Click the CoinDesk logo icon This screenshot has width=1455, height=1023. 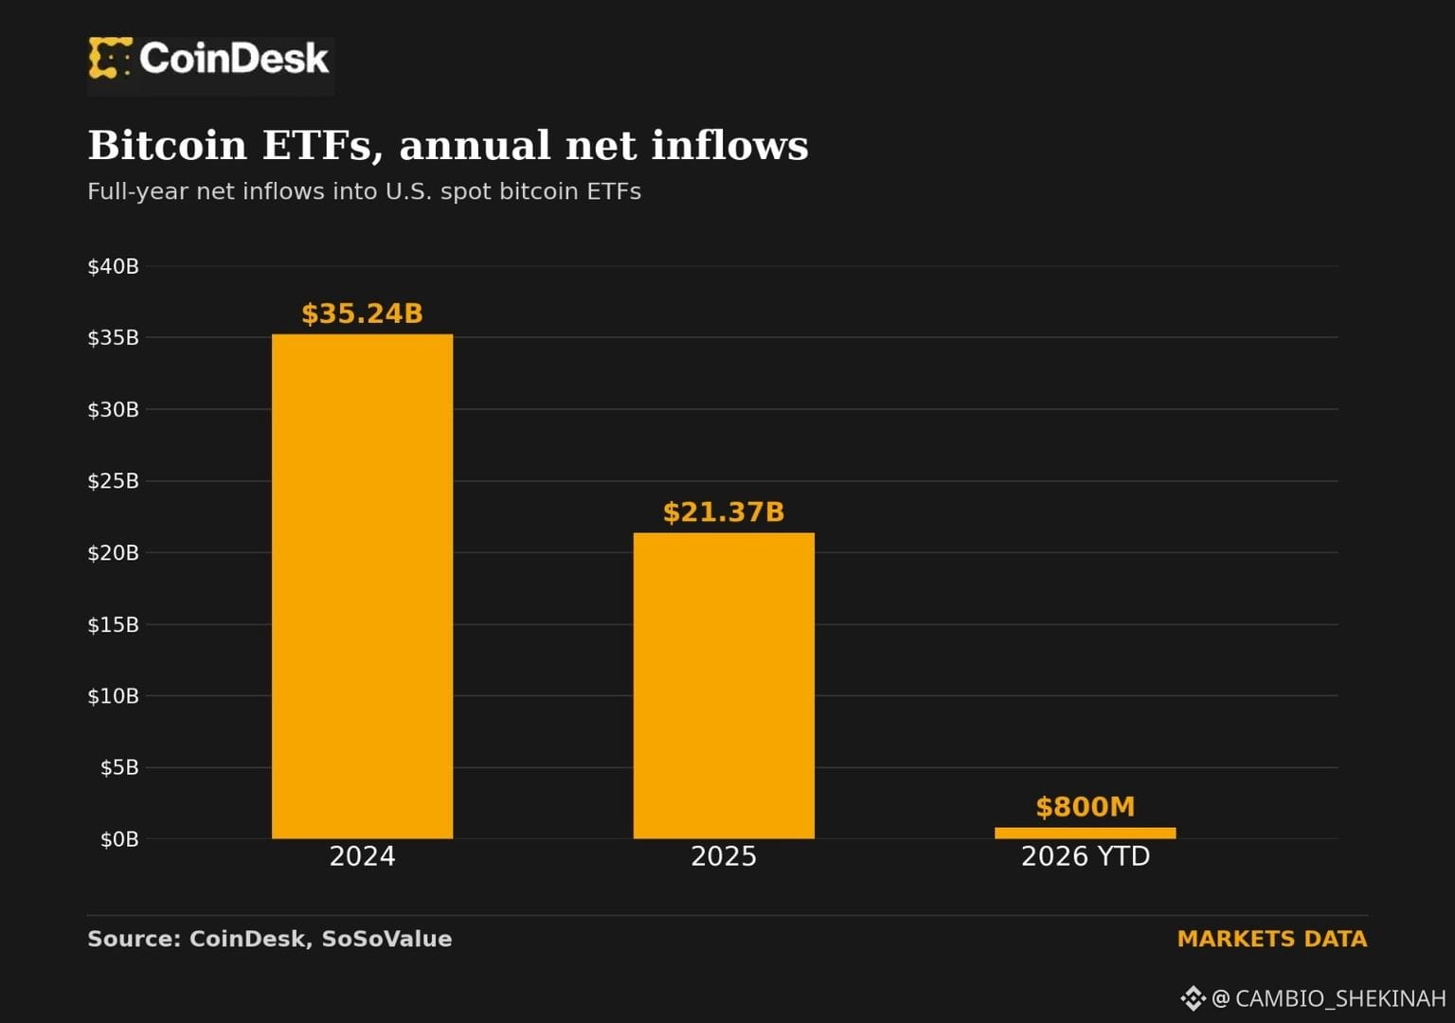pyautogui.click(x=111, y=58)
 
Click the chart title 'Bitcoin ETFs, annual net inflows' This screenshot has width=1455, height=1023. pyautogui.click(x=448, y=145)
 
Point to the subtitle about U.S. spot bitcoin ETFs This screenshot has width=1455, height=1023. pyautogui.click(x=365, y=191)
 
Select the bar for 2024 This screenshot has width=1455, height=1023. pyautogui.click(x=363, y=586)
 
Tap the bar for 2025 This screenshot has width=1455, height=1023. pyautogui.click(x=724, y=685)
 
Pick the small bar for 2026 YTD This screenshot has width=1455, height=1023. pyautogui.click(x=1085, y=833)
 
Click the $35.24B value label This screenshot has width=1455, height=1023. pyautogui.click(x=363, y=314)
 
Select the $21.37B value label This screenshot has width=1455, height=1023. pyautogui.click(x=724, y=512)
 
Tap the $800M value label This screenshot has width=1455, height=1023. pyautogui.click(x=1086, y=807)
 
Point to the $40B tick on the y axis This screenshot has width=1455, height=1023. pyautogui.click(x=113, y=266)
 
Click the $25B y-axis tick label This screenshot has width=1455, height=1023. pyautogui.click(x=113, y=481)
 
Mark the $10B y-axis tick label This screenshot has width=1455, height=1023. pyautogui.click(x=113, y=696)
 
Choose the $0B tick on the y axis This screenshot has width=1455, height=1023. pyautogui.click(x=119, y=839)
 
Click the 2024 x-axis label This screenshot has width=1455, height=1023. pyautogui.click(x=363, y=856)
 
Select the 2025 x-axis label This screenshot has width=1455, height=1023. pyautogui.click(x=724, y=856)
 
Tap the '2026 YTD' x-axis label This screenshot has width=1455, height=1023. pyautogui.click(x=1086, y=856)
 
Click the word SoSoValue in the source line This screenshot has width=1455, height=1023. pyautogui.click(x=386, y=940)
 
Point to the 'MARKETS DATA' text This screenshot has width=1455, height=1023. pyautogui.click(x=1272, y=940)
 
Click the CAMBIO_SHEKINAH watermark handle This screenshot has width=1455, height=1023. pyautogui.click(x=1340, y=998)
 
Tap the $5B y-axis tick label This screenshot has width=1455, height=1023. pyautogui.click(x=119, y=768)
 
